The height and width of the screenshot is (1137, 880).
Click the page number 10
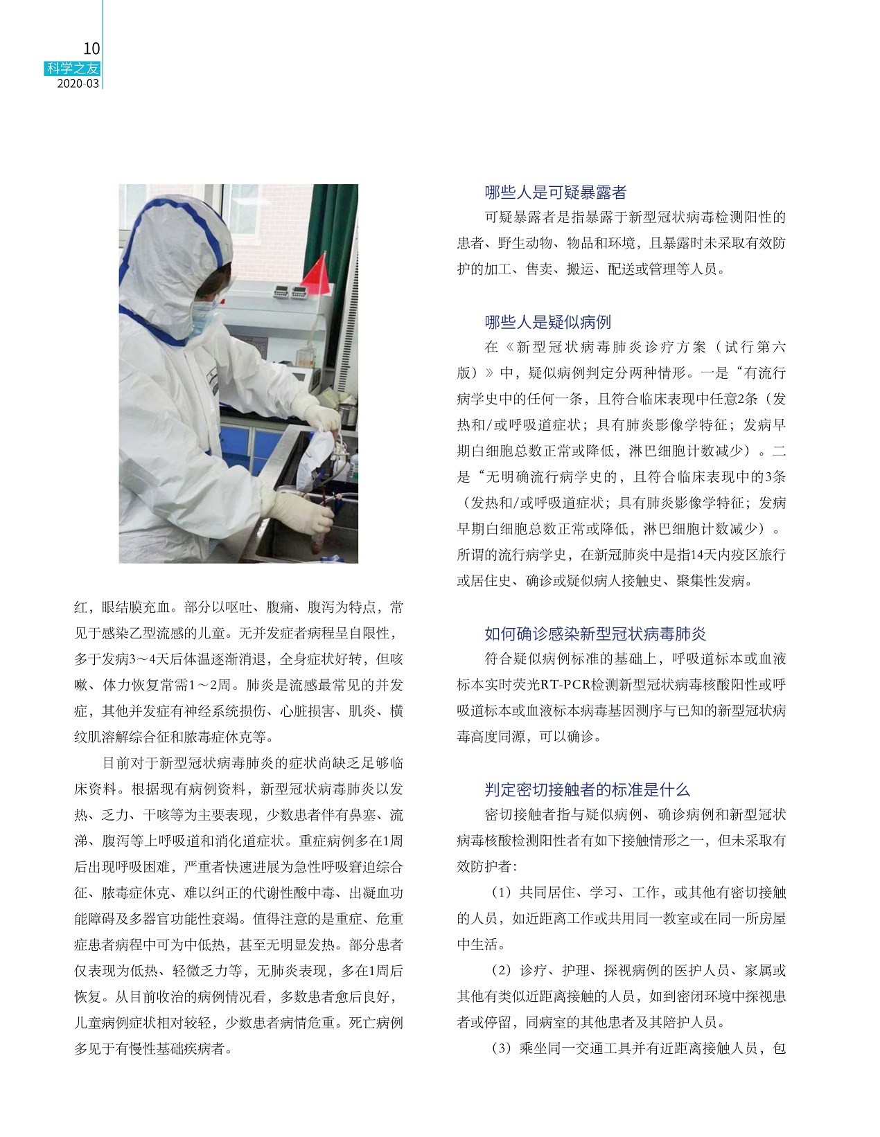(91, 48)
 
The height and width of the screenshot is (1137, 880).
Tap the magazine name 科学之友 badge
(73, 69)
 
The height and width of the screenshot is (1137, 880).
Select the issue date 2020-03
(77, 84)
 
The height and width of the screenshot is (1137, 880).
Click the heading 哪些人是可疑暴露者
(556, 193)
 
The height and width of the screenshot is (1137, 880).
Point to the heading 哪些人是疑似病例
(547, 322)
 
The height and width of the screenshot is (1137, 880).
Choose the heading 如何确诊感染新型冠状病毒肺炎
(595, 634)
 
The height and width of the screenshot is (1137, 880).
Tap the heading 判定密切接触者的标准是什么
(587, 789)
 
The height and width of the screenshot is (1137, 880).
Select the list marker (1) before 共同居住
(501, 893)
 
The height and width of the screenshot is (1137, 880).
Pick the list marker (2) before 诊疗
(501, 971)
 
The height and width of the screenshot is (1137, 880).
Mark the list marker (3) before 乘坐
(501, 1048)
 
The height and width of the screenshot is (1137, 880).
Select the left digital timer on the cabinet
(281, 293)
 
